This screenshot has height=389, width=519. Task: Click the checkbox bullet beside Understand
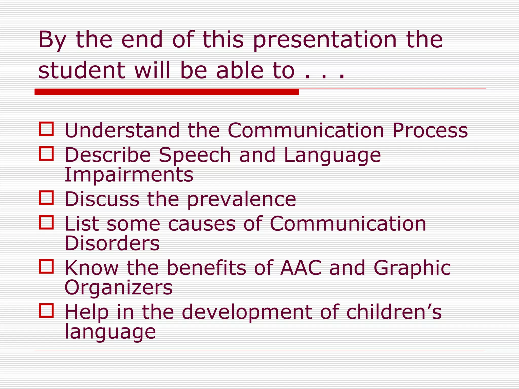click(46, 129)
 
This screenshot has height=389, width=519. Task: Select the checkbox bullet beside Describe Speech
click(46, 153)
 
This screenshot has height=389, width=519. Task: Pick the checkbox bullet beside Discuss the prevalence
click(46, 198)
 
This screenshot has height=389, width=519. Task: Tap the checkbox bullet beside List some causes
click(46, 222)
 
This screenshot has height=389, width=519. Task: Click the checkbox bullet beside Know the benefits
click(46, 266)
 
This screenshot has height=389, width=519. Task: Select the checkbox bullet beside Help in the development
click(46, 310)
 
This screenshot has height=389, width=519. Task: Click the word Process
click(430, 130)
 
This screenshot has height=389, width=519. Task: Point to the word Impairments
click(129, 175)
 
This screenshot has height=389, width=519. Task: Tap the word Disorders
click(112, 243)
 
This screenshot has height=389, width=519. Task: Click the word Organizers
click(118, 288)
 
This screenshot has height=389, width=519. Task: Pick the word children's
click(394, 312)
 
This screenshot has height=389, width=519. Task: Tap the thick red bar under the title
click(166, 92)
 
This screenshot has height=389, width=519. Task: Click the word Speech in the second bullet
click(195, 155)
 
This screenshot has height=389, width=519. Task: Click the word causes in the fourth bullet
click(202, 224)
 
